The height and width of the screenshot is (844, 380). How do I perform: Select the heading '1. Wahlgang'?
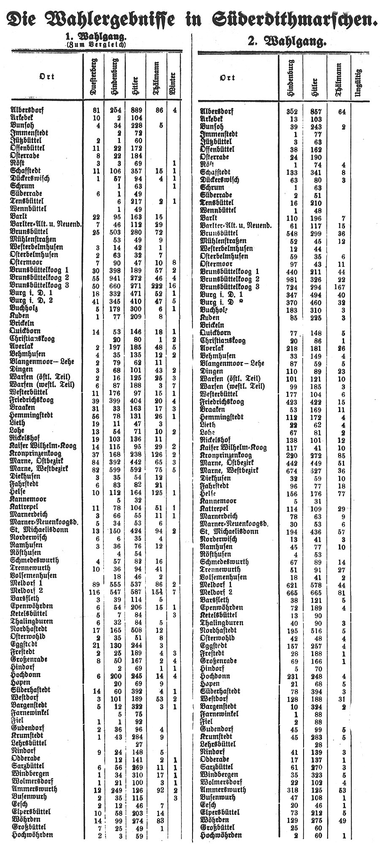click(x=97, y=38)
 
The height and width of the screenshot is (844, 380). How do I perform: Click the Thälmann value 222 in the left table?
click(x=156, y=285)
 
